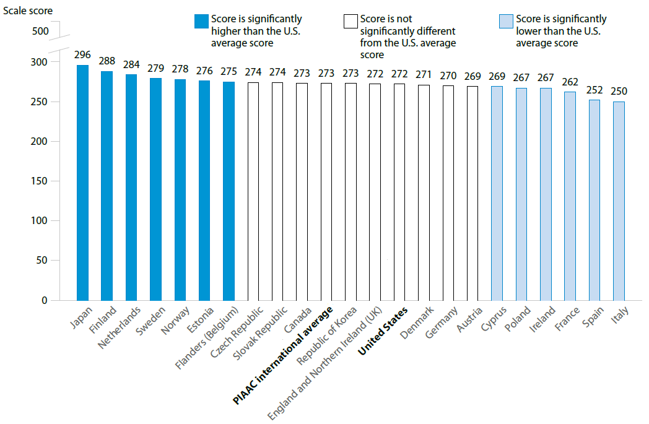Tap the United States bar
pos(399,192)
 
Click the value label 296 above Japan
pos(82,55)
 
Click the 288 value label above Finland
pos(107,61)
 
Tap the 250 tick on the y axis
pos(39,102)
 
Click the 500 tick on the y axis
pos(39,31)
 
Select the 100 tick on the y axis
pos(39,221)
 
